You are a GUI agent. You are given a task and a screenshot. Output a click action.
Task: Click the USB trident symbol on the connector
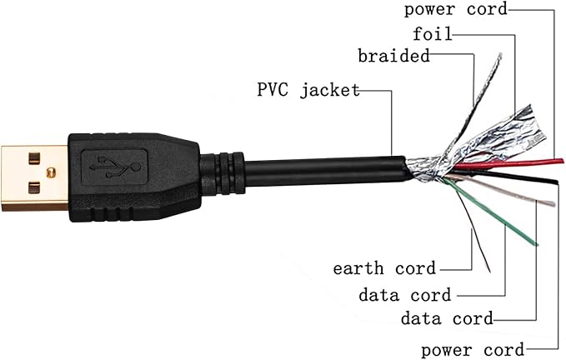pyautogui.click(x=115, y=167)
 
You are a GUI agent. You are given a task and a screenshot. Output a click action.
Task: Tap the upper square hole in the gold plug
pyautogui.click(x=34, y=158)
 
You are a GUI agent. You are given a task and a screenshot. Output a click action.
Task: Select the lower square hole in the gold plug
pyautogui.click(x=34, y=188)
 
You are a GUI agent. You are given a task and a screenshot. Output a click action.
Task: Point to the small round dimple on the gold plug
pyautogui.click(x=51, y=172)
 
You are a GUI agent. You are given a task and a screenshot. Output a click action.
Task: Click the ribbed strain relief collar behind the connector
pyautogui.click(x=223, y=173)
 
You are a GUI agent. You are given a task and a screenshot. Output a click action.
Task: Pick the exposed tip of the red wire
pyautogui.click(x=561, y=161)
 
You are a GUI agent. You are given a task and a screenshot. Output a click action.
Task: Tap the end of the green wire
pyautogui.click(x=536, y=244)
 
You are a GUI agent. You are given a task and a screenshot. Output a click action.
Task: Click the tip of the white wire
pyautogui.click(x=552, y=203)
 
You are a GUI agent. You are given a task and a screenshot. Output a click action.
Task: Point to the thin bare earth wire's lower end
pyautogui.click(x=489, y=271)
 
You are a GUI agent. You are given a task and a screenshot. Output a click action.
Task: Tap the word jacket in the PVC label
pyautogui.click(x=330, y=90)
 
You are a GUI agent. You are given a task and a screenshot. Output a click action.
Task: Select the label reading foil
pyautogui.click(x=433, y=33)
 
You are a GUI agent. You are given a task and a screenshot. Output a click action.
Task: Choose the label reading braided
pyautogui.click(x=393, y=56)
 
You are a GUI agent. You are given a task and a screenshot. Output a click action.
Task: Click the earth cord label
pyautogui.click(x=384, y=268)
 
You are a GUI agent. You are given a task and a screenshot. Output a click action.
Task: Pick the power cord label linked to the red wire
pyautogui.click(x=456, y=8)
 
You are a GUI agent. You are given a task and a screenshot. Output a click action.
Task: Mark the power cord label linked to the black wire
pyautogui.click(x=473, y=350)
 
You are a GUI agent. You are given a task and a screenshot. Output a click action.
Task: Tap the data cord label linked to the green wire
pyautogui.click(x=405, y=295)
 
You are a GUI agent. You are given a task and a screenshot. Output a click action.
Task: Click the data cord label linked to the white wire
pyautogui.click(x=447, y=318)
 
